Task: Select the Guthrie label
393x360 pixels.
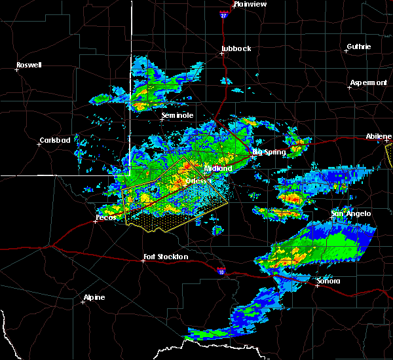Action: point(359,46)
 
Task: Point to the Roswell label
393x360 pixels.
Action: point(29,65)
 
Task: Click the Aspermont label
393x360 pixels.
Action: point(368,82)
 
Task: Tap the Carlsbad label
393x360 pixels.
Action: point(55,140)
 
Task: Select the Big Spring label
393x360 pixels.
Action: point(269,153)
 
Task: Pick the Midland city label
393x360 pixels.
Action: point(218,168)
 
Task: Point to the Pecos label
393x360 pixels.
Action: point(105,217)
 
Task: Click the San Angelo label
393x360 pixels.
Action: point(350,213)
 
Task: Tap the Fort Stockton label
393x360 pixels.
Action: point(168,257)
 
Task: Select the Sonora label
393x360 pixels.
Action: point(328,281)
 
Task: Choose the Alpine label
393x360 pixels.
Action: point(94,298)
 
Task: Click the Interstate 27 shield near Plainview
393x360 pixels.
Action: point(223,12)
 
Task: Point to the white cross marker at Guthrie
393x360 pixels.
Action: point(348,52)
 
